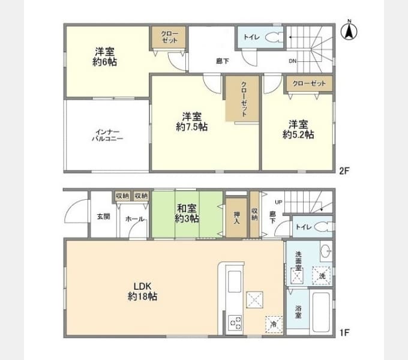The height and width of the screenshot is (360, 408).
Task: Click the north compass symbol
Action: (x=347, y=31)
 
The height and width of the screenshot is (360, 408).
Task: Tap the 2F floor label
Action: (x=344, y=170)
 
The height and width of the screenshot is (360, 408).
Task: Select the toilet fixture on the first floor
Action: (x=323, y=227)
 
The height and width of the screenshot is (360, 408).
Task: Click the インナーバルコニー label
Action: (x=108, y=134)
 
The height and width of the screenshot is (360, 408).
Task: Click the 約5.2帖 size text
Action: (x=298, y=135)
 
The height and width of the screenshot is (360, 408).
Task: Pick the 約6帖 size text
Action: (x=104, y=62)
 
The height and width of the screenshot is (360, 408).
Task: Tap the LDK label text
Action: (x=142, y=286)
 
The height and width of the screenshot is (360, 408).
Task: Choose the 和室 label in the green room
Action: (x=186, y=209)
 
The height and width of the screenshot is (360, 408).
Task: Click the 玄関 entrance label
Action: (x=103, y=217)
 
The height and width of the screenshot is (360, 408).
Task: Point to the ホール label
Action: (x=134, y=220)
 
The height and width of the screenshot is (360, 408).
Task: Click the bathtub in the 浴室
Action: (x=321, y=312)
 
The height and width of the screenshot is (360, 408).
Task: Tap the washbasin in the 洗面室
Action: (x=325, y=251)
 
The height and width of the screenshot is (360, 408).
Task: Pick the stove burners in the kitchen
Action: (x=234, y=323)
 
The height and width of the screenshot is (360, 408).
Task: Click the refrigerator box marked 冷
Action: (x=273, y=324)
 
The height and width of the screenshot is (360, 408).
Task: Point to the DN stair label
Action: (x=292, y=61)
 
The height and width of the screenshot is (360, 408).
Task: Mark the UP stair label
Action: (x=278, y=202)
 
